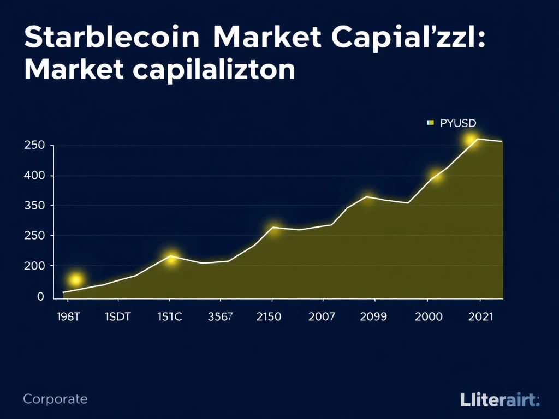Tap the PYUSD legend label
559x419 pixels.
pyautogui.click(x=457, y=123)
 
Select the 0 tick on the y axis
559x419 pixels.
pyautogui.click(x=40, y=297)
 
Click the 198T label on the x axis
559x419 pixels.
pyautogui.click(x=68, y=316)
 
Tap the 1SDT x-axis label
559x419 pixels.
pyautogui.click(x=117, y=316)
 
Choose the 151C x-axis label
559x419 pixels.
pyautogui.click(x=169, y=316)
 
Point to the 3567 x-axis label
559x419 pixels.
pyautogui.click(x=220, y=316)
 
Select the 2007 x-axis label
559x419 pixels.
pyautogui.click(x=322, y=316)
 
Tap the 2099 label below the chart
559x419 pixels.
pyautogui.click(x=373, y=316)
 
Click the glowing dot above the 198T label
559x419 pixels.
pyautogui.click(x=76, y=280)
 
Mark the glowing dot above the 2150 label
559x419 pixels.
pyautogui.click(x=275, y=230)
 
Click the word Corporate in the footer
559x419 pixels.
pyautogui.click(x=55, y=399)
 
